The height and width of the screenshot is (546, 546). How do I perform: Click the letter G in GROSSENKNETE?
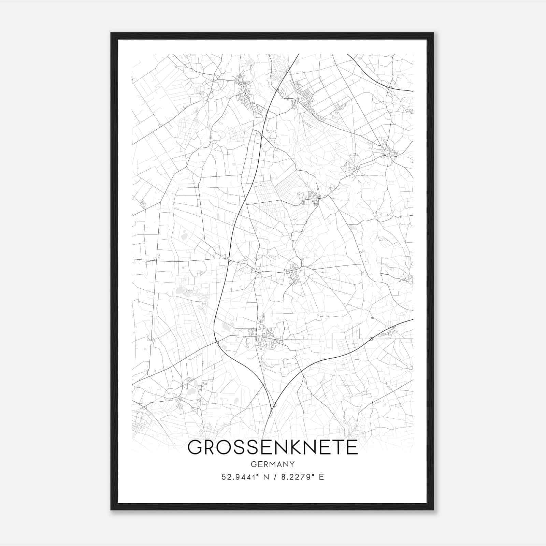click(x=195, y=447)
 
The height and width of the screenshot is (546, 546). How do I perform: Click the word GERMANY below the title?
click(x=273, y=464)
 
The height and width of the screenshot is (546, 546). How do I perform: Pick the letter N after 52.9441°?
click(x=265, y=477)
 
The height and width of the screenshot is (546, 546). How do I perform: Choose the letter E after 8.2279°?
click(x=321, y=477)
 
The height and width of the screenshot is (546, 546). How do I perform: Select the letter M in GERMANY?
click(x=273, y=464)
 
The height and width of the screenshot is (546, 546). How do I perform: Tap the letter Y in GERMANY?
click(x=292, y=464)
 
